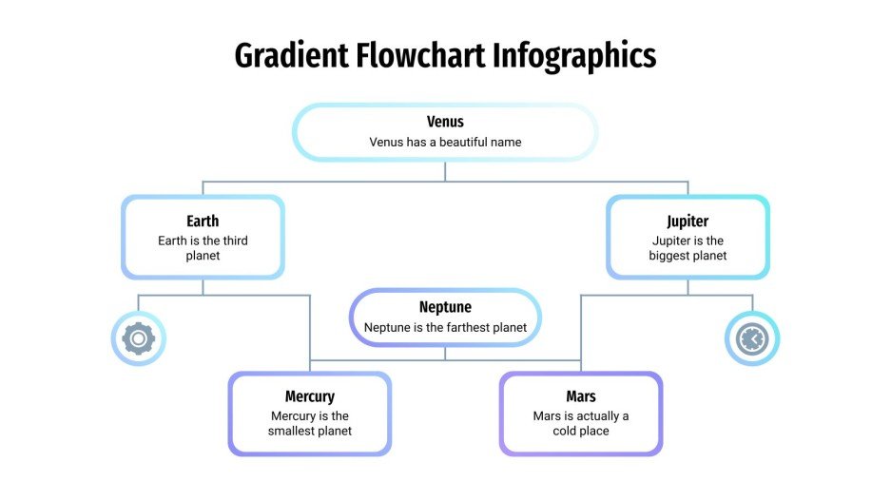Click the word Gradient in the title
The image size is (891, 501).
tap(291, 56)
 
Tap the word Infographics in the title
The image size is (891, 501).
tap(574, 56)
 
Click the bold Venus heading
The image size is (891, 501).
tap(445, 122)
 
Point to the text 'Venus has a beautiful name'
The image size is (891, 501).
tap(445, 142)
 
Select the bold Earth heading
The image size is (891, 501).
tap(203, 222)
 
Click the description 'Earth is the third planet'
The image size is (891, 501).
tap(203, 248)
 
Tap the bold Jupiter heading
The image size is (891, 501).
tap(688, 222)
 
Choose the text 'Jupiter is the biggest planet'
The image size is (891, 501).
tap(688, 248)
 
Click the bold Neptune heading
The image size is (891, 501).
tap(445, 307)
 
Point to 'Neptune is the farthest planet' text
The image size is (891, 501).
tap(445, 328)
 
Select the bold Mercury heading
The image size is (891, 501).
tap(310, 396)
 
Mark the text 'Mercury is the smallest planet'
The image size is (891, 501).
tap(310, 423)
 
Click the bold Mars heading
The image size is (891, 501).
tap(581, 396)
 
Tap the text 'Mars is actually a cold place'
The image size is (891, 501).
tap(581, 423)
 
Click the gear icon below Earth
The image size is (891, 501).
tap(139, 337)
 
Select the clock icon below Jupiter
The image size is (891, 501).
tap(752, 337)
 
